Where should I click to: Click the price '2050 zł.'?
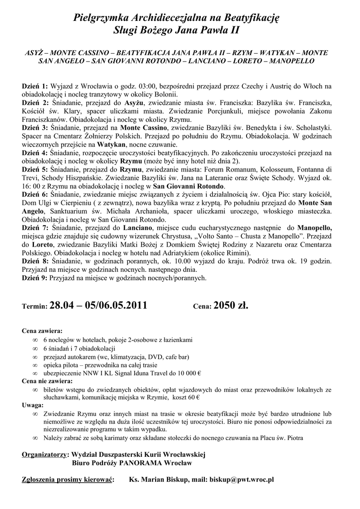coord(230,305)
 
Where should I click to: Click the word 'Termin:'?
coord(35,307)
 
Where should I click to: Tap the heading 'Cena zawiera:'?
coord(42,331)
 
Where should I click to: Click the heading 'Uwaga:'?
coord(33,406)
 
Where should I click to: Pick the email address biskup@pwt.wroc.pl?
coord(242,480)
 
